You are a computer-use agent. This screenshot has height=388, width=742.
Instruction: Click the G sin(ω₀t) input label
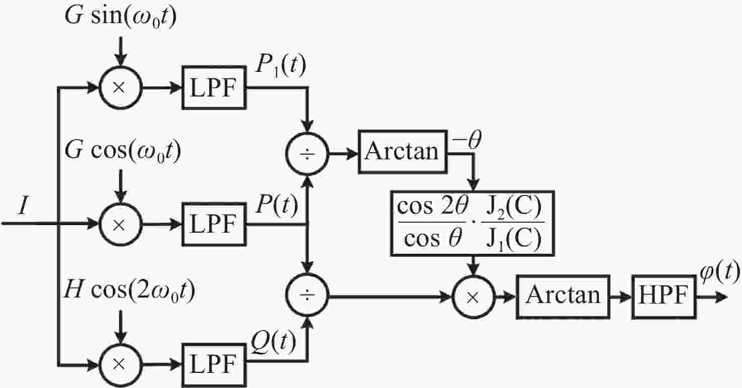click(121, 16)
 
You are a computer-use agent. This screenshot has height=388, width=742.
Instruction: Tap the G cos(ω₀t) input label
click(123, 151)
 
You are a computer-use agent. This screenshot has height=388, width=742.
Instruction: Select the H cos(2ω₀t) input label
click(129, 290)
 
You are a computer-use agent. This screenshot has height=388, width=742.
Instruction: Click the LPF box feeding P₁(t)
click(214, 88)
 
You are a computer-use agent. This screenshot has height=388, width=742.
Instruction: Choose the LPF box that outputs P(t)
click(214, 224)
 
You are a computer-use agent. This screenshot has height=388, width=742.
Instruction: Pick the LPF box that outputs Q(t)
click(214, 365)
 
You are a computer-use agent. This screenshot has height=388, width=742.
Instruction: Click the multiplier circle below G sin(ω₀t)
click(121, 88)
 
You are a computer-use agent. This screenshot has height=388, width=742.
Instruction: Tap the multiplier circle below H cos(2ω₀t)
click(121, 365)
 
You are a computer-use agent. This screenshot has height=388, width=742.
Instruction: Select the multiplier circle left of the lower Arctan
click(474, 297)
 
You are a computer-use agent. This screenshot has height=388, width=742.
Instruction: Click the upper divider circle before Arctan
click(307, 154)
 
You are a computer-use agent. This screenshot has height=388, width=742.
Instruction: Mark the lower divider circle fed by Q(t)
click(307, 295)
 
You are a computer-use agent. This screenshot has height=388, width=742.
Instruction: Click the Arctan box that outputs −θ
click(403, 152)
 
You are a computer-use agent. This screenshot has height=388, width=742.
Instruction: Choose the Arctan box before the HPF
click(563, 297)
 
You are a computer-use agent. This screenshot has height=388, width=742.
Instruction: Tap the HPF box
click(664, 297)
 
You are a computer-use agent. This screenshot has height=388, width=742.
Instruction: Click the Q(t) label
click(273, 342)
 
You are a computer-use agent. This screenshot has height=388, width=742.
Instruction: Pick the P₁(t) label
click(281, 66)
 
